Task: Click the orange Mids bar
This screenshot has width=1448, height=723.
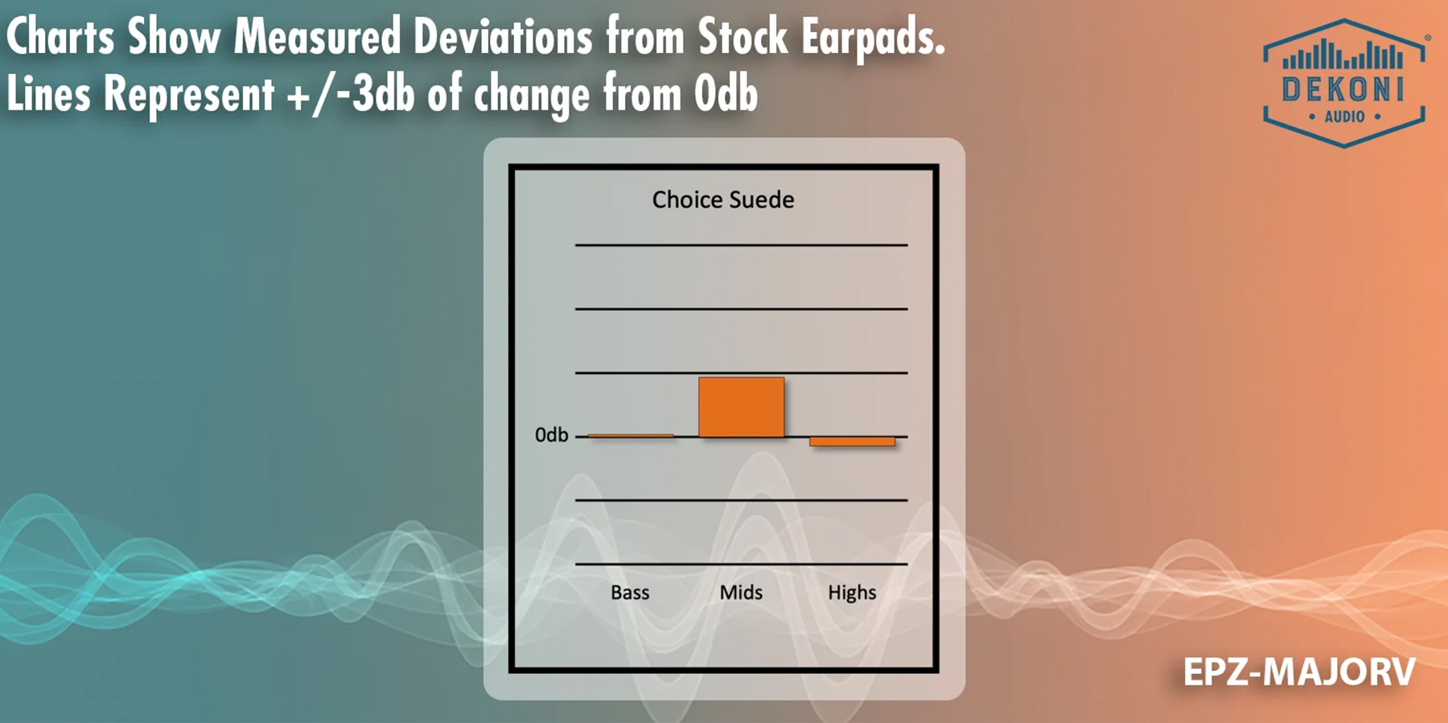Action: [x=741, y=407]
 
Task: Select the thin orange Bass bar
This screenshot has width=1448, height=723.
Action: [x=631, y=436]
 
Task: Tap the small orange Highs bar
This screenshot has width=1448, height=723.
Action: [x=852, y=442]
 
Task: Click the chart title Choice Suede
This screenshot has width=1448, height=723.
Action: [x=723, y=199]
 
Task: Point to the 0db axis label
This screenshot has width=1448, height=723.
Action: [x=552, y=435]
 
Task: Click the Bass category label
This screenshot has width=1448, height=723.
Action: [x=630, y=593]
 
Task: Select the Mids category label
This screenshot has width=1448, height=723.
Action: [x=741, y=593]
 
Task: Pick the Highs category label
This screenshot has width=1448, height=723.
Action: [x=852, y=594]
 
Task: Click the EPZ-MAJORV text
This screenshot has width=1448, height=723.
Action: [x=1299, y=672]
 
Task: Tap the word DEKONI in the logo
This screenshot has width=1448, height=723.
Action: [x=1343, y=89]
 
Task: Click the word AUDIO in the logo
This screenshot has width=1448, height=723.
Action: [x=1345, y=117]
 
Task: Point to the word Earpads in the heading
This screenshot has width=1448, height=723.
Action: [x=873, y=38]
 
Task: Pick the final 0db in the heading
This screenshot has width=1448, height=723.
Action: [x=726, y=94]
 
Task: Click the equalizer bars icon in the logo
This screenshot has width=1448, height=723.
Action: [x=1343, y=55]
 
